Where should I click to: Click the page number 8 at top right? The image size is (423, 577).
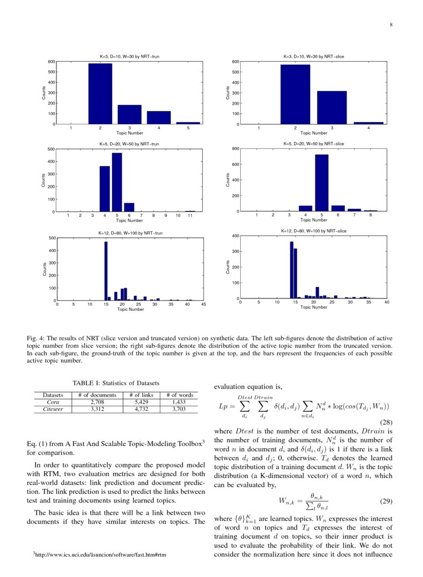391,24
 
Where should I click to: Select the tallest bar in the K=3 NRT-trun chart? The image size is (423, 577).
100,94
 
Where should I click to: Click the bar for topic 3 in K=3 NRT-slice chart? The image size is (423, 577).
332,108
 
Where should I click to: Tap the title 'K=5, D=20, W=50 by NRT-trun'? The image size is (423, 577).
129,144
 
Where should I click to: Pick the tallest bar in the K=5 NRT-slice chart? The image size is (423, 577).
321,182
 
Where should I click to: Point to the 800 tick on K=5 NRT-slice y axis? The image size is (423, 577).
235,149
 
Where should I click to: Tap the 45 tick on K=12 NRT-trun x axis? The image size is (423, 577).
203,304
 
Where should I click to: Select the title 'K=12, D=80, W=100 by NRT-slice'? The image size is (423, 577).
313,231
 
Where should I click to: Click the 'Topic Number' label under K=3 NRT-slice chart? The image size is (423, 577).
313,133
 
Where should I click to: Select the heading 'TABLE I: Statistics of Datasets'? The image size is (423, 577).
116,383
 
